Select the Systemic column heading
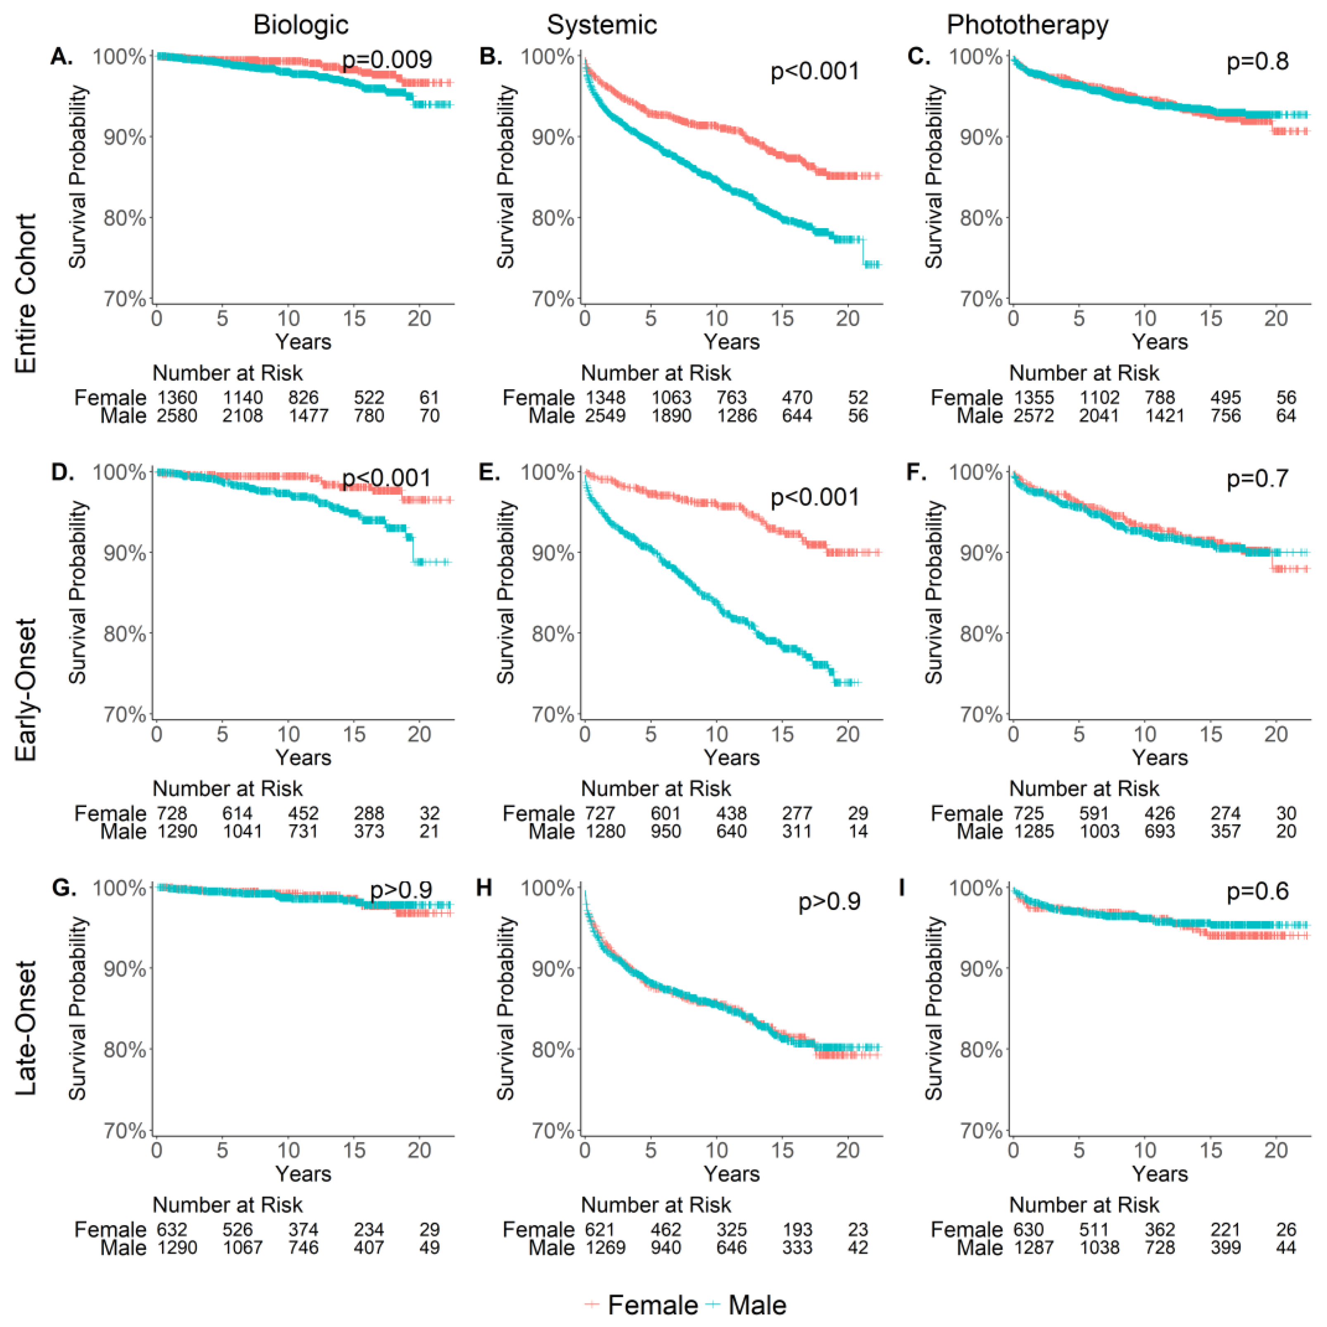(x=602, y=26)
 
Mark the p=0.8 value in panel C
(x=1258, y=62)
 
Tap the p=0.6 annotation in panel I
(x=1258, y=892)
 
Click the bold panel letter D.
(x=62, y=473)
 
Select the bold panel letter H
(x=484, y=888)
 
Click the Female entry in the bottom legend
(x=652, y=1305)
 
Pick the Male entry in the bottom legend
(x=757, y=1305)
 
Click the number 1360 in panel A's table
(x=177, y=398)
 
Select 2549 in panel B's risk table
(x=605, y=416)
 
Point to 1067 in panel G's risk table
(x=243, y=1247)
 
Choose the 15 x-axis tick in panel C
(x=1211, y=319)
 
